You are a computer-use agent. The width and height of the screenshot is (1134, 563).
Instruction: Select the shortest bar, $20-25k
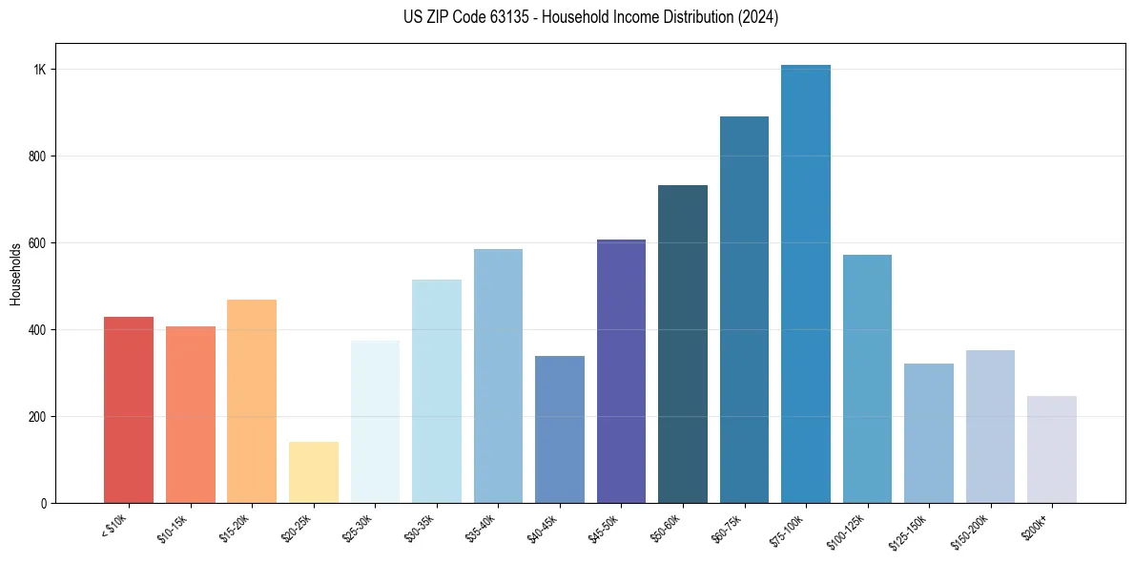[x=314, y=472]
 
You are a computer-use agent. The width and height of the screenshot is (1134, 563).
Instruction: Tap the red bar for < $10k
[x=129, y=409]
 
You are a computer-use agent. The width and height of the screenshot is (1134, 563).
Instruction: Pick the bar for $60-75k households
[x=744, y=309]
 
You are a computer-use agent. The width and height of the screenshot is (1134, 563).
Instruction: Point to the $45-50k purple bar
[x=621, y=371]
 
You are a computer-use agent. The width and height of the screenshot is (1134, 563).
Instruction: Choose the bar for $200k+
[x=1052, y=449]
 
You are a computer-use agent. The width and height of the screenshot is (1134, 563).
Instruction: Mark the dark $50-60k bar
[x=683, y=344]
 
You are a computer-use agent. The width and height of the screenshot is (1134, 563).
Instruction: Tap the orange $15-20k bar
[x=252, y=401]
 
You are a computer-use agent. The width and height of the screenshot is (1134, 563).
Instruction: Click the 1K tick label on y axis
[x=40, y=70]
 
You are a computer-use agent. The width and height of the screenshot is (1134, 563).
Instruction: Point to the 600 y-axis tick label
[x=37, y=243]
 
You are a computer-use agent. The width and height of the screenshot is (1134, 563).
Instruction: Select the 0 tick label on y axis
[x=44, y=503]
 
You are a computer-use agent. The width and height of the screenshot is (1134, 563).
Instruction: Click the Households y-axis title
[x=15, y=274]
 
